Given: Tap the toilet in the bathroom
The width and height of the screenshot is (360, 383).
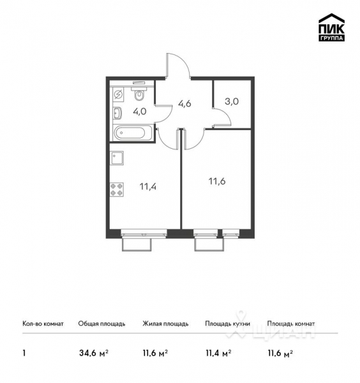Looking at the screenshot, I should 140,94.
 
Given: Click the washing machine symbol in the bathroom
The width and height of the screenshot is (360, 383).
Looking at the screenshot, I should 119,94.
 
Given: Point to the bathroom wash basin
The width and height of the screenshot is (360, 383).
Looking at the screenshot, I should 117,114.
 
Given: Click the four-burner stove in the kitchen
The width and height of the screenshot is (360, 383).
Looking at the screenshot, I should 117,190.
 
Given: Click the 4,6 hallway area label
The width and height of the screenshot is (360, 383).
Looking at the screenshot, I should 185,102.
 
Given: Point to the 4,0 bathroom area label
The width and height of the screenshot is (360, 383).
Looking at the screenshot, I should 140,111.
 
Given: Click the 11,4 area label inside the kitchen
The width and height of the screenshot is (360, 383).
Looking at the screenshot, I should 147,186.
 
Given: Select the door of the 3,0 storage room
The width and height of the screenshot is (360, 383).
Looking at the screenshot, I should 221,118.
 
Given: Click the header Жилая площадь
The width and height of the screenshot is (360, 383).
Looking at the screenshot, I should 165,324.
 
